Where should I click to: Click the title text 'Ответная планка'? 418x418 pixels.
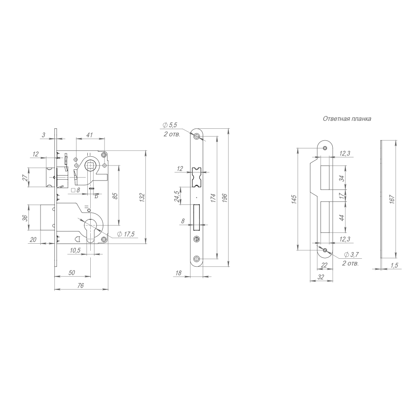coord(347,119)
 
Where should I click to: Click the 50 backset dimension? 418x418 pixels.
coord(71,273)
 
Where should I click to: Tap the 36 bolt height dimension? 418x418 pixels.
coord(25,217)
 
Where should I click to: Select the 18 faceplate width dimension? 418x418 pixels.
coord(178,273)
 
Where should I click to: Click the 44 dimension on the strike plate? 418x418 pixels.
coord(342,217)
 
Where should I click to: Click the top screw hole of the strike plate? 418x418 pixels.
coord(325,147)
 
